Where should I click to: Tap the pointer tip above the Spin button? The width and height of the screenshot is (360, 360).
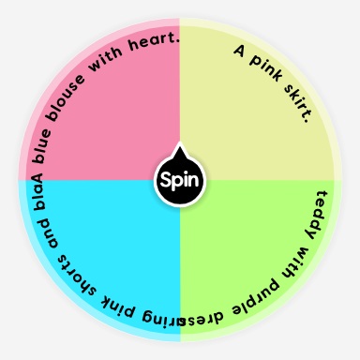coord(180,147)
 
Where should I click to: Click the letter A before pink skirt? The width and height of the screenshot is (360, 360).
coord(239,50)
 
